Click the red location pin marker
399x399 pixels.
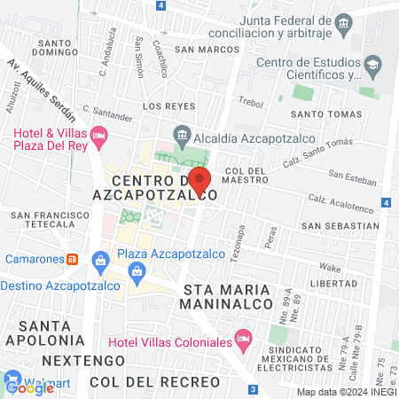[198, 178]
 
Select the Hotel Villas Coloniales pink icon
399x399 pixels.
[242, 340]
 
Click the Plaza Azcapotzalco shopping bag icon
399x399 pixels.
[102, 260]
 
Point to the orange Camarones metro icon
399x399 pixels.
[74, 260]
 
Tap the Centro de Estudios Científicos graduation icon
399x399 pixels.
[374, 63]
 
